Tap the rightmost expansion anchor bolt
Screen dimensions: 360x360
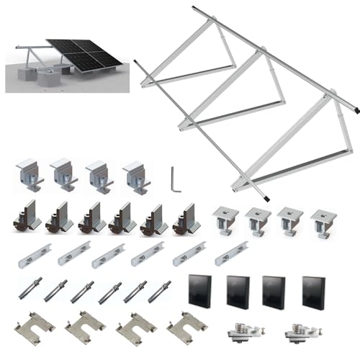160,291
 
